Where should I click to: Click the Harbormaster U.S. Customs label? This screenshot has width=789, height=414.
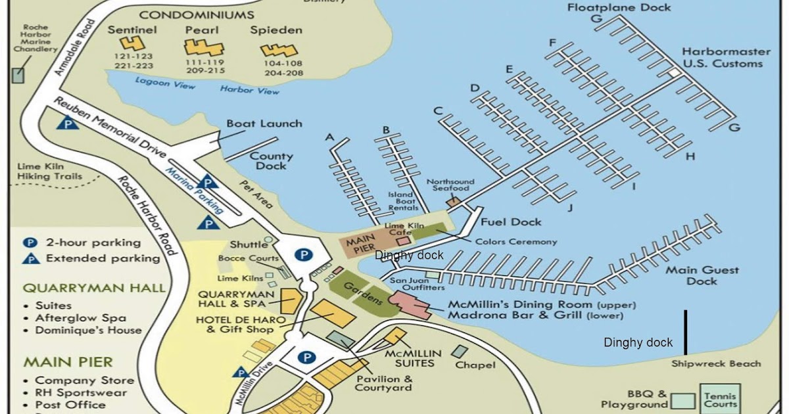tap(722, 58)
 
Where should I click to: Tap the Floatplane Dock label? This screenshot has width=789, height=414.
tap(619, 7)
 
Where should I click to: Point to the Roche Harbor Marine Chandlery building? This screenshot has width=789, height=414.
tap(18, 75)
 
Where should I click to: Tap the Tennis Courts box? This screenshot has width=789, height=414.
tap(720, 400)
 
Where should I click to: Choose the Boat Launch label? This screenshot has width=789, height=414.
tap(264, 124)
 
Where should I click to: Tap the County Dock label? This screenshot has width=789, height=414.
tap(271, 161)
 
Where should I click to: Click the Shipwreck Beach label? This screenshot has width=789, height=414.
tap(716, 363)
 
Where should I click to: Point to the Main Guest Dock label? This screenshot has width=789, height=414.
tap(702, 275)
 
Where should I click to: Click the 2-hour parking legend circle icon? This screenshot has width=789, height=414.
tap(30, 242)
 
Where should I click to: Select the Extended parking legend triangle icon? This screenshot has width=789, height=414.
tap(30, 258)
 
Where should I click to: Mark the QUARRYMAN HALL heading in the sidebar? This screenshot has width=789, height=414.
tap(94, 288)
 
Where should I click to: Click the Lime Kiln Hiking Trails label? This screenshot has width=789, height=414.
tap(49, 172)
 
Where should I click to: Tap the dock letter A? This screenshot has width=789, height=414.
tap(330, 137)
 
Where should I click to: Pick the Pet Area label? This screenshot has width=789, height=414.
tap(255, 195)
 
